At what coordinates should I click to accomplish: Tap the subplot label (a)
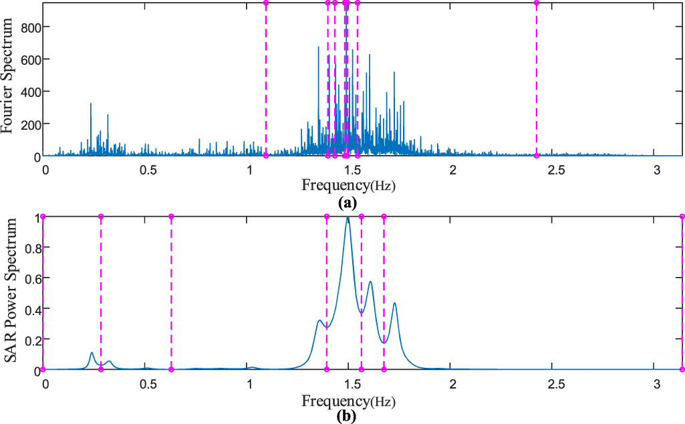347,201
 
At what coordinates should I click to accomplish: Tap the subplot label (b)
347,416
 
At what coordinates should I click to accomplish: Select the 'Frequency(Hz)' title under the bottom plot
348,401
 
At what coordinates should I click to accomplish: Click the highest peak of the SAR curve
348,218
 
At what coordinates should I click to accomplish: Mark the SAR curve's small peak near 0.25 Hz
92,352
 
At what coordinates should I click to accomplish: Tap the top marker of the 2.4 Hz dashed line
537,3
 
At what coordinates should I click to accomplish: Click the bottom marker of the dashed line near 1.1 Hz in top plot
266,156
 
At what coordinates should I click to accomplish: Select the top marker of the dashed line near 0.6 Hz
171,217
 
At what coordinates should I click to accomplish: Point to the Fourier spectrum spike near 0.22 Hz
91,104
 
